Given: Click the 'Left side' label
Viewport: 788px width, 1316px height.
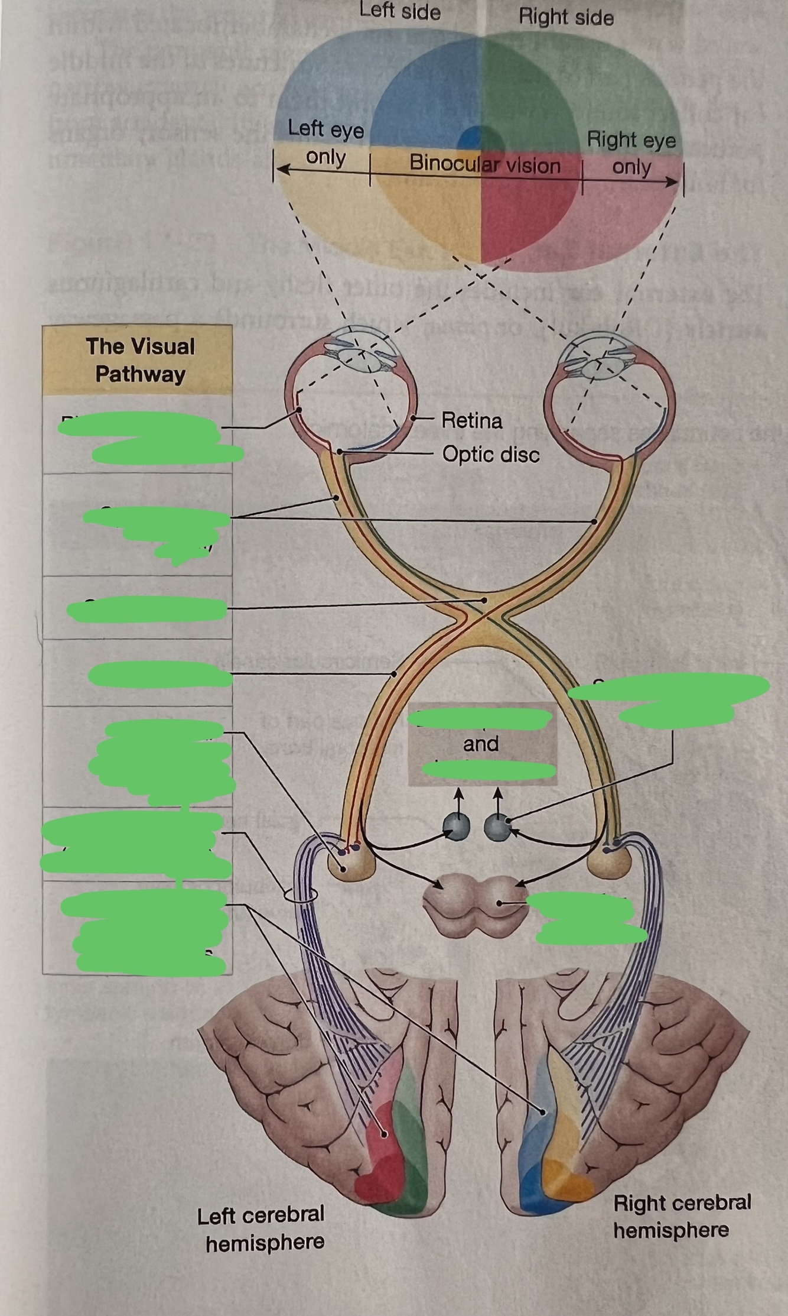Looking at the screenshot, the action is point(400,11).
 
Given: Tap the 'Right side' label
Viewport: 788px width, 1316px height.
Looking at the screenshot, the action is point(566,17).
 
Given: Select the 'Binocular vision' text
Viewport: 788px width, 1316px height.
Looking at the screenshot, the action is point(484,164).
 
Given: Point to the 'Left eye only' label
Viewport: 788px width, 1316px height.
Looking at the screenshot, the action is point(325,143).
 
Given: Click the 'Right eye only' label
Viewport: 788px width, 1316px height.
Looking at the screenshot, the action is point(631,154).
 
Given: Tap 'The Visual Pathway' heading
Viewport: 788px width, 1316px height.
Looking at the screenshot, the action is point(140,360).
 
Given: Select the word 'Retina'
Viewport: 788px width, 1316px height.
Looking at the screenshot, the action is point(472,421).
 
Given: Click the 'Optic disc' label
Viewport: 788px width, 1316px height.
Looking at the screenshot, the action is point(491,455).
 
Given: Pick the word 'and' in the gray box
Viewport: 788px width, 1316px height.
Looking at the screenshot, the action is point(481,744).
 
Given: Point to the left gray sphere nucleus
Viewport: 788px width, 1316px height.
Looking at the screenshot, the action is point(457,826).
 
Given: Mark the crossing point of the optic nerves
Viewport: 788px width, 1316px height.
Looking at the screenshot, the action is point(484,613).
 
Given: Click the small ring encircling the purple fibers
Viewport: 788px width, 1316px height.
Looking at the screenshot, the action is point(300,894).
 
